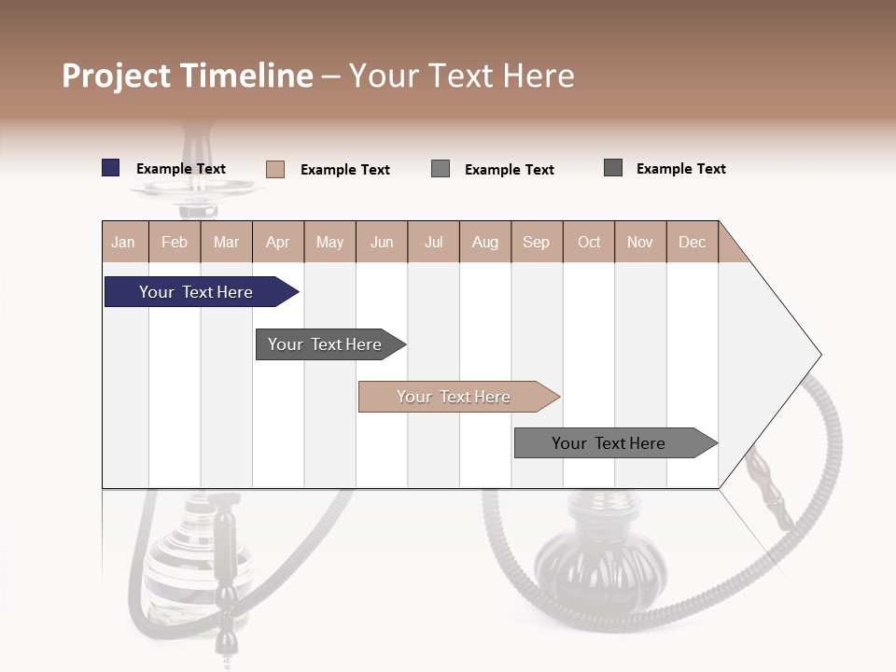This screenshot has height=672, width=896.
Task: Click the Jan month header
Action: coord(123,242)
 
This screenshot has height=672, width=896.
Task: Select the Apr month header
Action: coord(278,242)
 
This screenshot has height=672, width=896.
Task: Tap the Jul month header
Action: coord(433,242)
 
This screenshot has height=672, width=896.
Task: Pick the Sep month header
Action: coord(536,242)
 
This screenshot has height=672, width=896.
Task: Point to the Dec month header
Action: coord(692,242)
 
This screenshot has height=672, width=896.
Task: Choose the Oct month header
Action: coord(589,242)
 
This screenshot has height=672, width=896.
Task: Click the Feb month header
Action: coord(175,242)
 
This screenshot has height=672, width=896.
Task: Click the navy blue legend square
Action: coord(110,168)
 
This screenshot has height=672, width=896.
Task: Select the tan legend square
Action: coord(275,169)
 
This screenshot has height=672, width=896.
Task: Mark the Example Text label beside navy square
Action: coord(181,169)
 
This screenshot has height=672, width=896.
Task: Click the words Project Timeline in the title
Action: coord(187,76)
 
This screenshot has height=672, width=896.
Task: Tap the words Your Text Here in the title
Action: coord(462,76)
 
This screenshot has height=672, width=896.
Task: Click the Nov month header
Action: coord(639,242)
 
